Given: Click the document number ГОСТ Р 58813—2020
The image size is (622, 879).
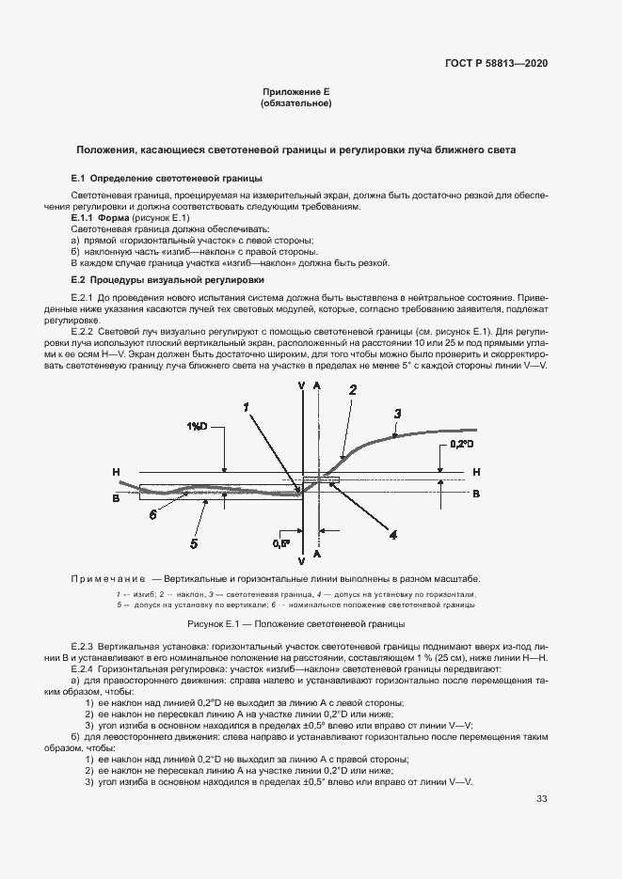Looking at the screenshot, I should point(496,63).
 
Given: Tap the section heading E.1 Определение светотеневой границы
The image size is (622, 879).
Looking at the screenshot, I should point(167,178).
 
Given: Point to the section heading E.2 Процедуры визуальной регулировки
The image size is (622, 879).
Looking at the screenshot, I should point(168,280).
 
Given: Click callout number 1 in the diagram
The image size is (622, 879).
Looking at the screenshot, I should point(246,407).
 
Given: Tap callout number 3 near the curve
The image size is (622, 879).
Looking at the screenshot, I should point(397,413).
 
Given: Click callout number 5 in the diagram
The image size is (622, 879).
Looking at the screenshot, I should point(194,542).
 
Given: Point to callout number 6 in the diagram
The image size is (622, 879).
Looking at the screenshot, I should point(152,514).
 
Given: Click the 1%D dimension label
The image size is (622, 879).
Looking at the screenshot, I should point(198,426).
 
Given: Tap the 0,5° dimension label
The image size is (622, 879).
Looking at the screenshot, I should point(280,543).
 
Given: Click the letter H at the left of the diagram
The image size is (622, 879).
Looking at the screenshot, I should point(115,472).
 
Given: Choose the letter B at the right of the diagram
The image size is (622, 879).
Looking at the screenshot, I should point(476,493).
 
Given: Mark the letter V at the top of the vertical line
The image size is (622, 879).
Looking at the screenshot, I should point(300,385).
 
